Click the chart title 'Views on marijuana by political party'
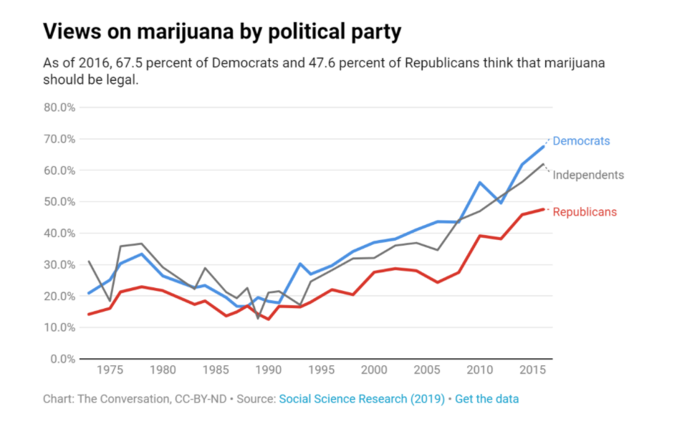point(222,32)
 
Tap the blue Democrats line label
point(581,141)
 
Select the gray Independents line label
point(588,175)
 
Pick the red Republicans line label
point(585,212)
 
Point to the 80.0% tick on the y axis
point(59,107)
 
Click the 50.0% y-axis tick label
point(59,202)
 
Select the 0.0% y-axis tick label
point(62,359)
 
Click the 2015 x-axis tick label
point(532,370)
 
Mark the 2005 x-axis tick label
point(426,370)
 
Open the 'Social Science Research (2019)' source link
point(362,399)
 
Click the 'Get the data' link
point(487,399)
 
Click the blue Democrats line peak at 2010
point(479,183)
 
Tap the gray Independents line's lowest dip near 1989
point(258,318)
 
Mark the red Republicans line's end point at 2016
point(544,209)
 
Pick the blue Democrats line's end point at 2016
point(544,146)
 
